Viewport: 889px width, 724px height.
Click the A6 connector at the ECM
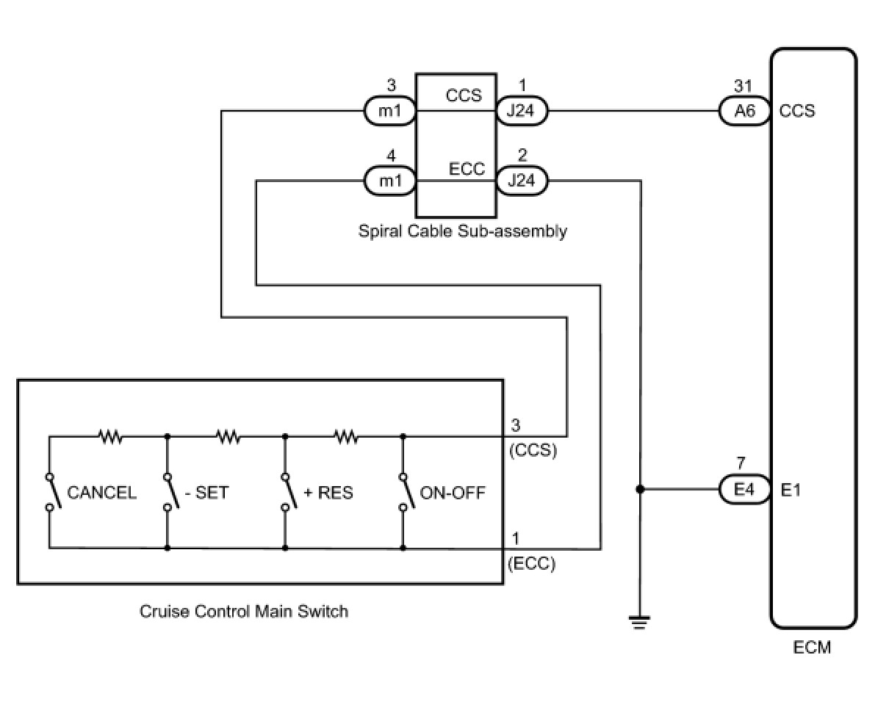pyautogui.click(x=744, y=111)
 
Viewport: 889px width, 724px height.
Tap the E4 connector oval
pyautogui.click(x=744, y=489)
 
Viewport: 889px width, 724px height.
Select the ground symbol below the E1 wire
pyautogui.click(x=639, y=622)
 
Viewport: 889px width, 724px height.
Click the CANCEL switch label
pyautogui.click(x=101, y=493)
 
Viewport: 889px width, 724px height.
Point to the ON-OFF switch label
pyautogui.click(x=453, y=493)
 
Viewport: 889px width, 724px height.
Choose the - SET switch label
pyautogui.click(x=206, y=493)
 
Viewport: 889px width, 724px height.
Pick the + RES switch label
pyautogui.click(x=328, y=493)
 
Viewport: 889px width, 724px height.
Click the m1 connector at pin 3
pyautogui.click(x=390, y=111)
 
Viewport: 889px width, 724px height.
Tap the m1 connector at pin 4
pyautogui.click(x=390, y=181)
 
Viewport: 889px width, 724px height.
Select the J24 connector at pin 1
pyautogui.click(x=522, y=111)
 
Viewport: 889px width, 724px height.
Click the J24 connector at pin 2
pyautogui.click(x=522, y=181)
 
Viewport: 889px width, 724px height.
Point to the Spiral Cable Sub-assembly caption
pyautogui.click(x=462, y=231)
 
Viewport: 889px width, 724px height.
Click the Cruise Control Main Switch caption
pyautogui.click(x=244, y=612)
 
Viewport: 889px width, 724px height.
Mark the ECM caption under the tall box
pyautogui.click(x=812, y=648)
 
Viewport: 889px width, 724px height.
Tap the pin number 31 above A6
pyautogui.click(x=743, y=86)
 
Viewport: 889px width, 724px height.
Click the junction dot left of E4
pyautogui.click(x=639, y=489)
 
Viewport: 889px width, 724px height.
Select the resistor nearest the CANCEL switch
pyautogui.click(x=111, y=437)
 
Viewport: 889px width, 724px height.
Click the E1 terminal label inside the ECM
pyautogui.click(x=791, y=490)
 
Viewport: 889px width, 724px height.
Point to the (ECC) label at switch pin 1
pyautogui.click(x=532, y=563)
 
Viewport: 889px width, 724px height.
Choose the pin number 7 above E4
pyautogui.click(x=741, y=463)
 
